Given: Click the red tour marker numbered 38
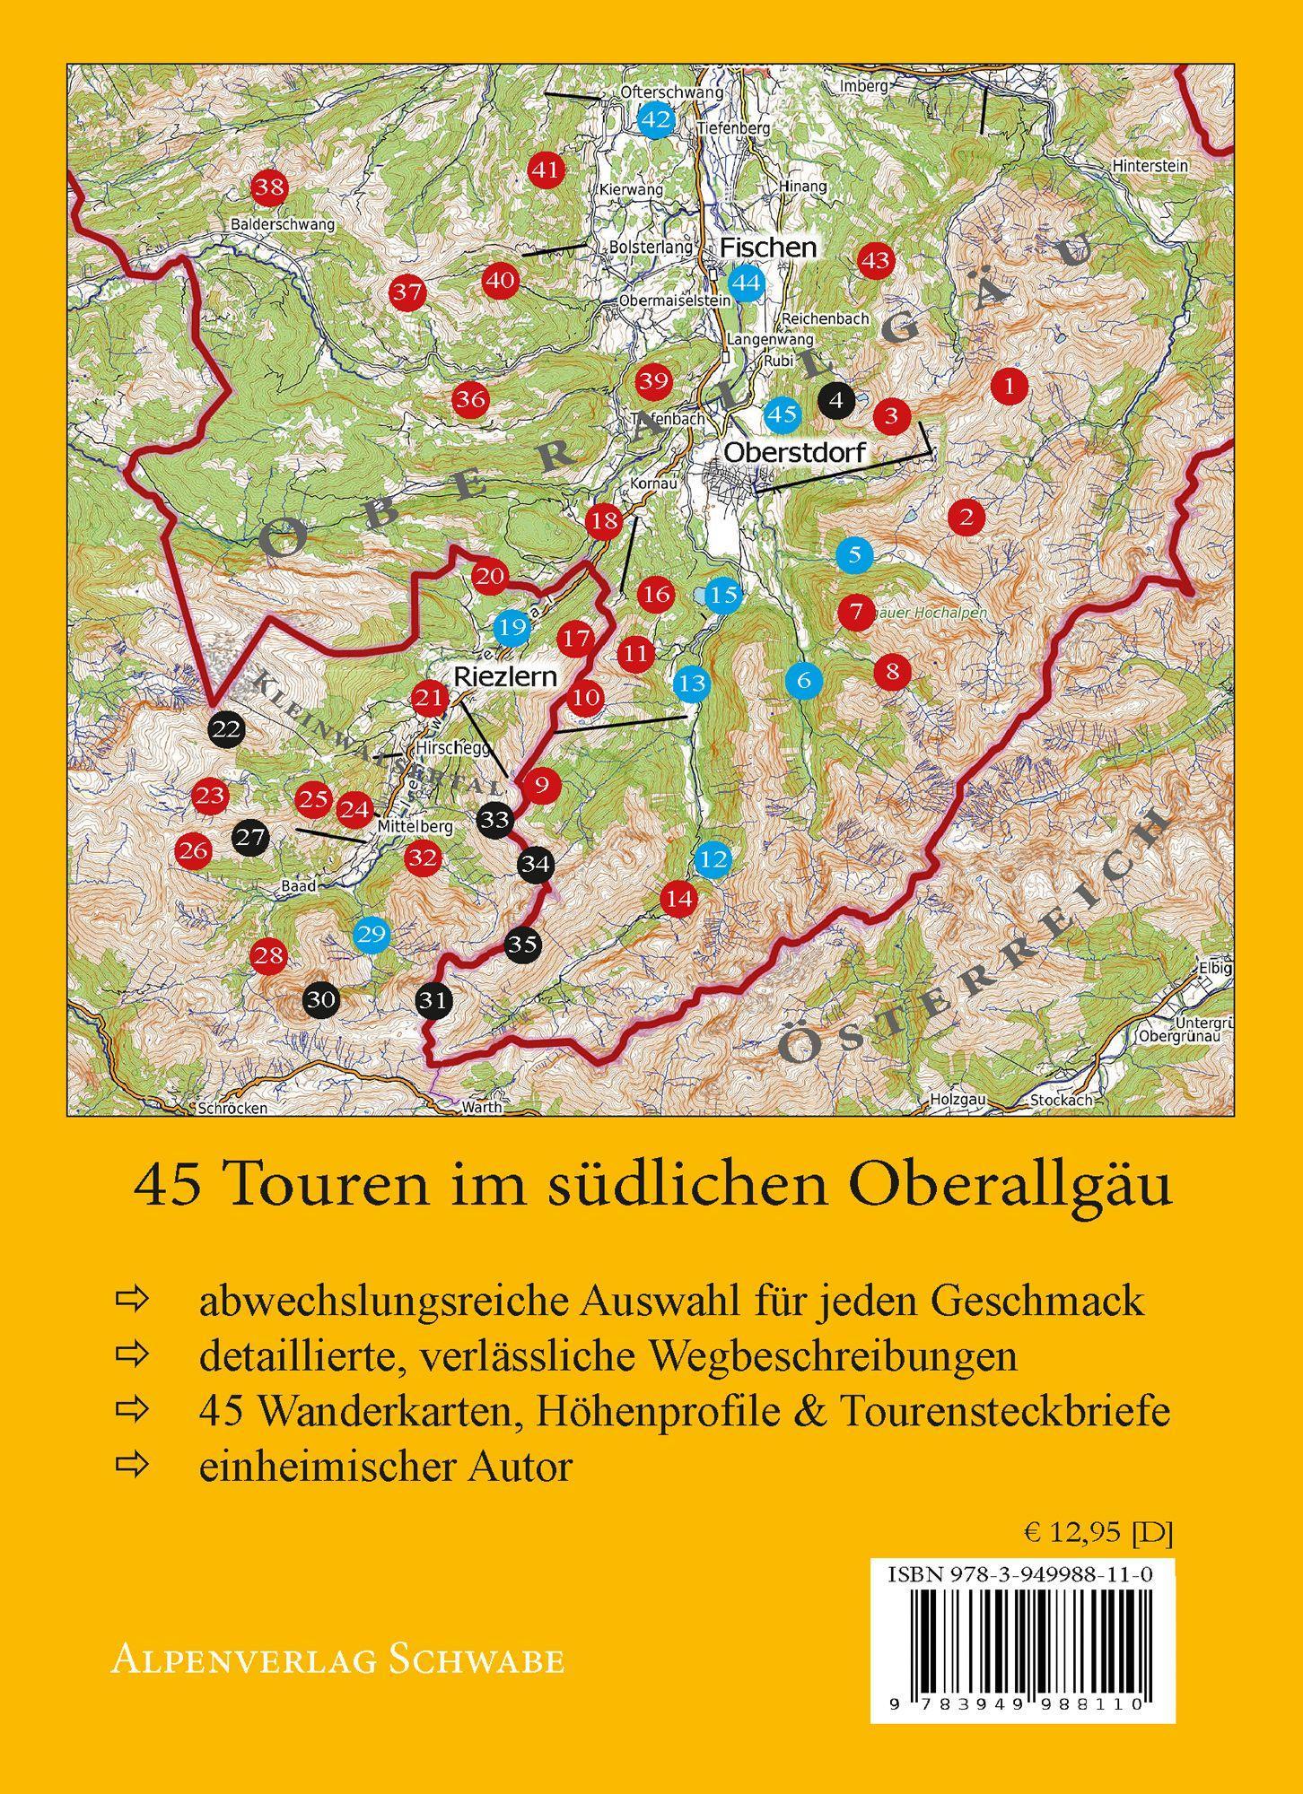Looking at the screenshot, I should (x=268, y=187).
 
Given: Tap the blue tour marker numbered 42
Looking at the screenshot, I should (x=656, y=118).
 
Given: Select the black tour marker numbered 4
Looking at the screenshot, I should (x=836, y=400).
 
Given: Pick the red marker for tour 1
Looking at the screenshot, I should (x=1010, y=387).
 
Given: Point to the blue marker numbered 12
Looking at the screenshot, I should (x=714, y=859).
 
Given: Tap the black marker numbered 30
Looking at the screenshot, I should (x=321, y=999).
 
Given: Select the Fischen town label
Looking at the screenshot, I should (x=769, y=248).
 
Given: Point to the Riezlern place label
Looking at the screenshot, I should (x=506, y=675).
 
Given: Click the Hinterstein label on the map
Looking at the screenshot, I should (x=1150, y=166).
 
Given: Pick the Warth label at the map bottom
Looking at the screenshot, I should (x=481, y=1108).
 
